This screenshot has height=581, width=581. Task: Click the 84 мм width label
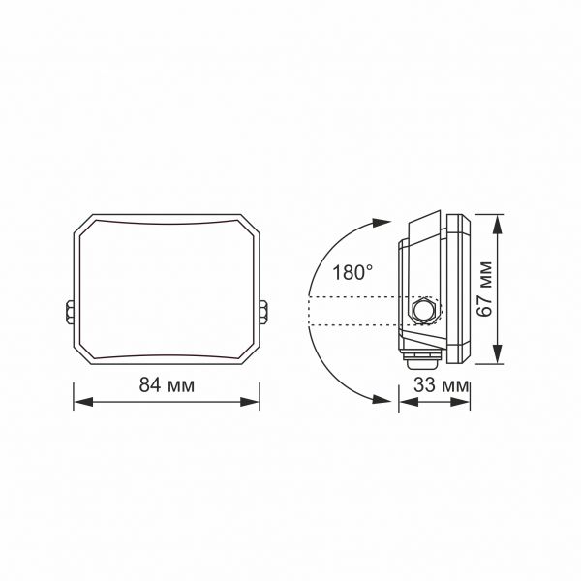(167, 384)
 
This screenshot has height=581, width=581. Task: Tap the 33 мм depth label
(435, 385)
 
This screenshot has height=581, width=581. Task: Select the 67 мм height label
(486, 290)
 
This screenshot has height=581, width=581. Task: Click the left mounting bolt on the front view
(71, 312)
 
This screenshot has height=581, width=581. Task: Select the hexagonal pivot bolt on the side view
(423, 311)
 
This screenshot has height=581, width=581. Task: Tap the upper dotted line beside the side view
(353, 296)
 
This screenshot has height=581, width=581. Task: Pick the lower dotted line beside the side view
(353, 325)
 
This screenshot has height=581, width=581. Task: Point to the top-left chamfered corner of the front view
(83, 225)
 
